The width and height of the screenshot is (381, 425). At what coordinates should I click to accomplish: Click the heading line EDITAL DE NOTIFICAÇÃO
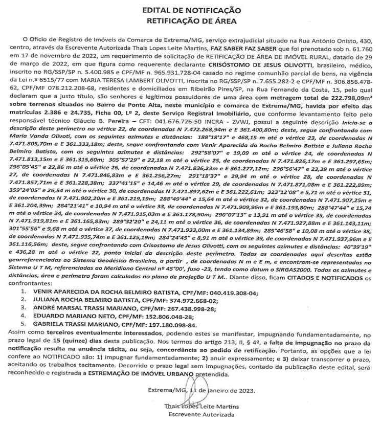pyautogui.click(x=190, y=10)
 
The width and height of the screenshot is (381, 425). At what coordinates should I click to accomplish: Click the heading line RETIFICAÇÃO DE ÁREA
pyautogui.click(x=190, y=20)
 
